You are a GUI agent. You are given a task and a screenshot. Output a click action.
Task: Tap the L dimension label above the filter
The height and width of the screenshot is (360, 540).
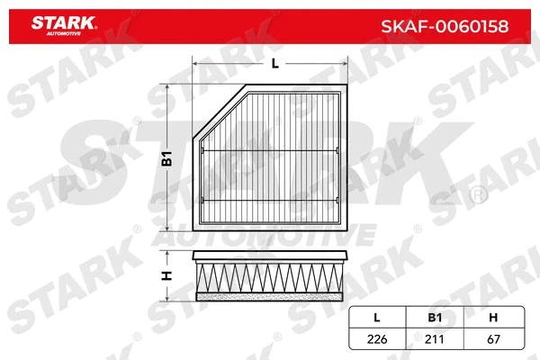pos(274,63)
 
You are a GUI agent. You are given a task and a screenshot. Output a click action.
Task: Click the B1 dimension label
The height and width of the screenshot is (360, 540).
pos(166,159)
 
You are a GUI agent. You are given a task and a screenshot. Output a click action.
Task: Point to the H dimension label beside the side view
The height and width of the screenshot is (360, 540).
pos(166,274)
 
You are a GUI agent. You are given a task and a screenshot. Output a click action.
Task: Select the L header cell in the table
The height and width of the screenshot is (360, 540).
pos(377,317)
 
